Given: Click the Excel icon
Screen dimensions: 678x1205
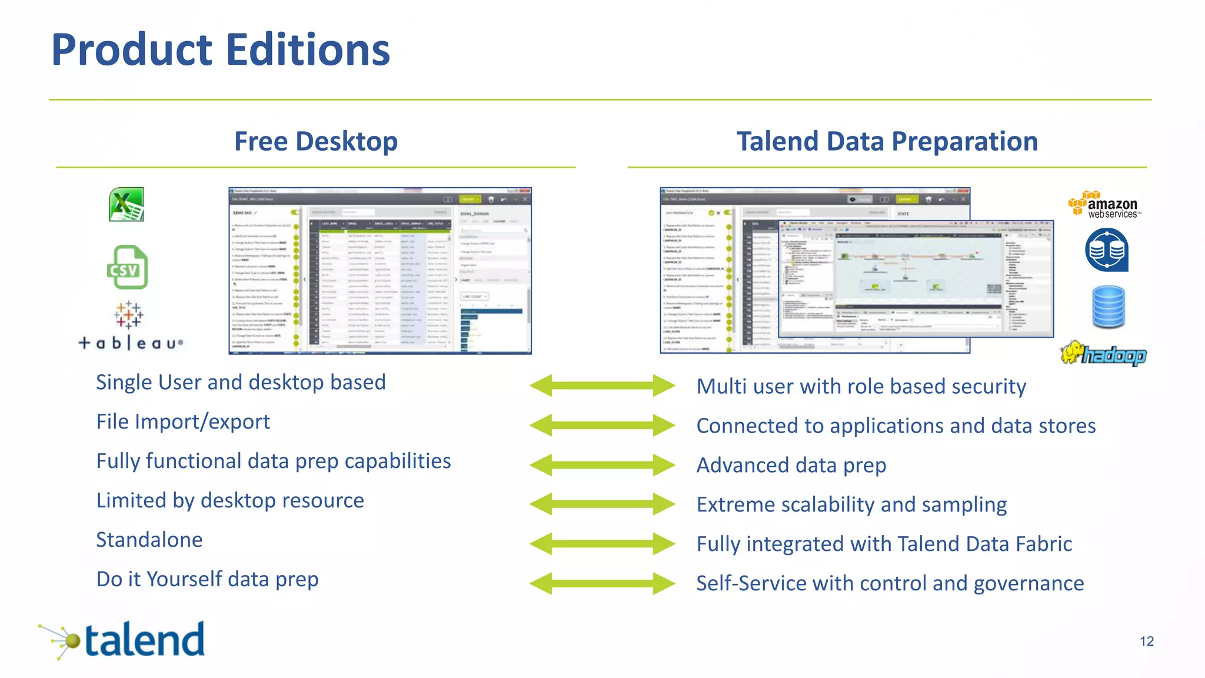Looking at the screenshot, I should point(127,205).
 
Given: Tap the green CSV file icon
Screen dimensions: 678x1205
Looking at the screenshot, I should point(127,267).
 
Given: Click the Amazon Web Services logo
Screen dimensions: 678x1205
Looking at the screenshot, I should point(1104,205).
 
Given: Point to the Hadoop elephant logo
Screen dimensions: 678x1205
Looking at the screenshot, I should point(1103,354).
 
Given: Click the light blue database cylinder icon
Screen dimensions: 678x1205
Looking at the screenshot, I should point(1109,307).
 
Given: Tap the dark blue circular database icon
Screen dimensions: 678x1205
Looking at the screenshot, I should point(1106,251).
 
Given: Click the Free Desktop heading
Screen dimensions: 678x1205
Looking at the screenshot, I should point(316,141).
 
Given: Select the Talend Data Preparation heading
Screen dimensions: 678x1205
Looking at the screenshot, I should point(887,141).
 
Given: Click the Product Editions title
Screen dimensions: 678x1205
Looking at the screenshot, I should point(221,49).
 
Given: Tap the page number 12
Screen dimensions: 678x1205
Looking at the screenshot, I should point(1146,642).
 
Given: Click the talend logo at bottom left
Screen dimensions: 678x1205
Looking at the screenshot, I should point(124,640).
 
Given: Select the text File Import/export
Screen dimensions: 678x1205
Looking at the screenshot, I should point(183,422).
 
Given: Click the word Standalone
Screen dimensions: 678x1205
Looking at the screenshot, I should point(149,540).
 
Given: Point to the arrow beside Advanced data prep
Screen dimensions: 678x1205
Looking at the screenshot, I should point(602,465).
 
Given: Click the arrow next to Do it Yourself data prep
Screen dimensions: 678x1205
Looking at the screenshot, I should point(602,583).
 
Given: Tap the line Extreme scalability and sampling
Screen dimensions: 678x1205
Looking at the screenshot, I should point(851,505).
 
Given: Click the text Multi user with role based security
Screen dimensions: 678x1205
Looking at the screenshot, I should point(861,387).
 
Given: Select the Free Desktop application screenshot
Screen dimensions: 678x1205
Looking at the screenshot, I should point(380,271).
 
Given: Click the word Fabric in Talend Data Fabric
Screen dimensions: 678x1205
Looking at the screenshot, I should point(1043,544).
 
